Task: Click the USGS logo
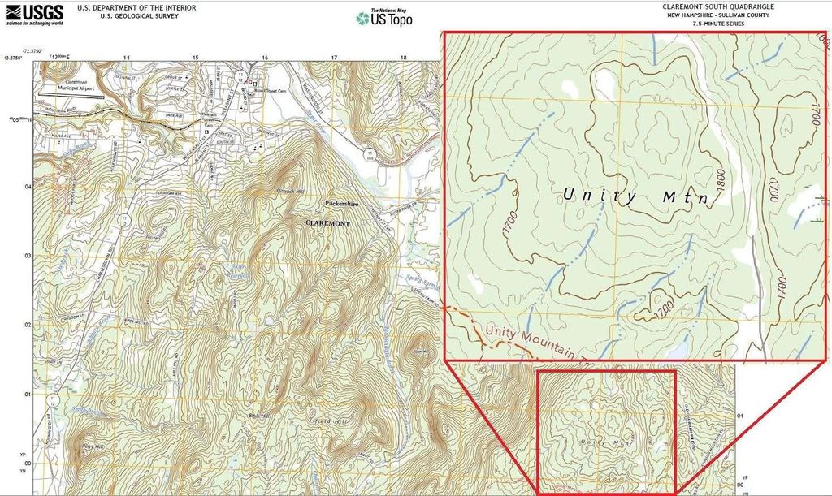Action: tap(33, 13)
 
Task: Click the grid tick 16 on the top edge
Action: tap(265, 58)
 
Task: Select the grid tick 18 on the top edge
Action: tap(404, 58)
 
